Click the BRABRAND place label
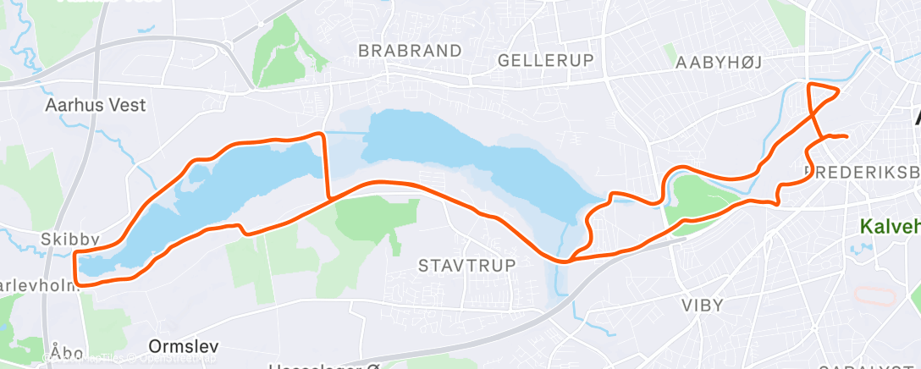tap(411, 51)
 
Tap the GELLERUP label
tap(547, 60)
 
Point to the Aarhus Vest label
tap(96, 106)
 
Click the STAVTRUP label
tap(466, 266)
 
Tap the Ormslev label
tap(184, 346)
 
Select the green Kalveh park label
tap(889, 227)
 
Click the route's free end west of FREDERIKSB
tap(846, 136)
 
